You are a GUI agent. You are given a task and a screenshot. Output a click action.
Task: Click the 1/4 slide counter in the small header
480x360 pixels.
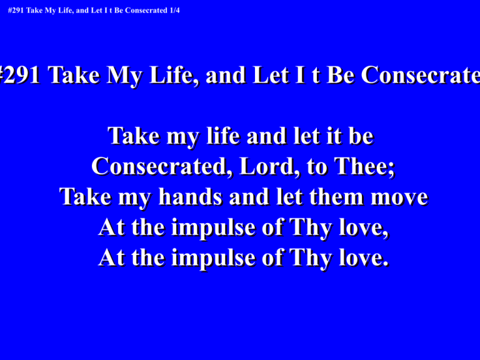[x=175, y=11]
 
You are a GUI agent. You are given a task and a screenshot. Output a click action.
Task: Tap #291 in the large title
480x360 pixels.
[x=19, y=75]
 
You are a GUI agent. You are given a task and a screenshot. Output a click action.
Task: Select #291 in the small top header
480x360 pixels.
[x=16, y=11]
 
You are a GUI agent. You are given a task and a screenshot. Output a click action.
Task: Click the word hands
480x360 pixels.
[x=190, y=196]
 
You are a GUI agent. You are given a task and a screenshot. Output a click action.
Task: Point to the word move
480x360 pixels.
[x=399, y=197]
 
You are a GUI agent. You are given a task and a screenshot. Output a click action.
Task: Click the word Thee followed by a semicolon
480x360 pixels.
[x=364, y=166]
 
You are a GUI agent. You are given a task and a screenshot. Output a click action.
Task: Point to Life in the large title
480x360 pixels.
[x=174, y=75]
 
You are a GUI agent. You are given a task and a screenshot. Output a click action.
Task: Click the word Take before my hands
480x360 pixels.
[x=85, y=196]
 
